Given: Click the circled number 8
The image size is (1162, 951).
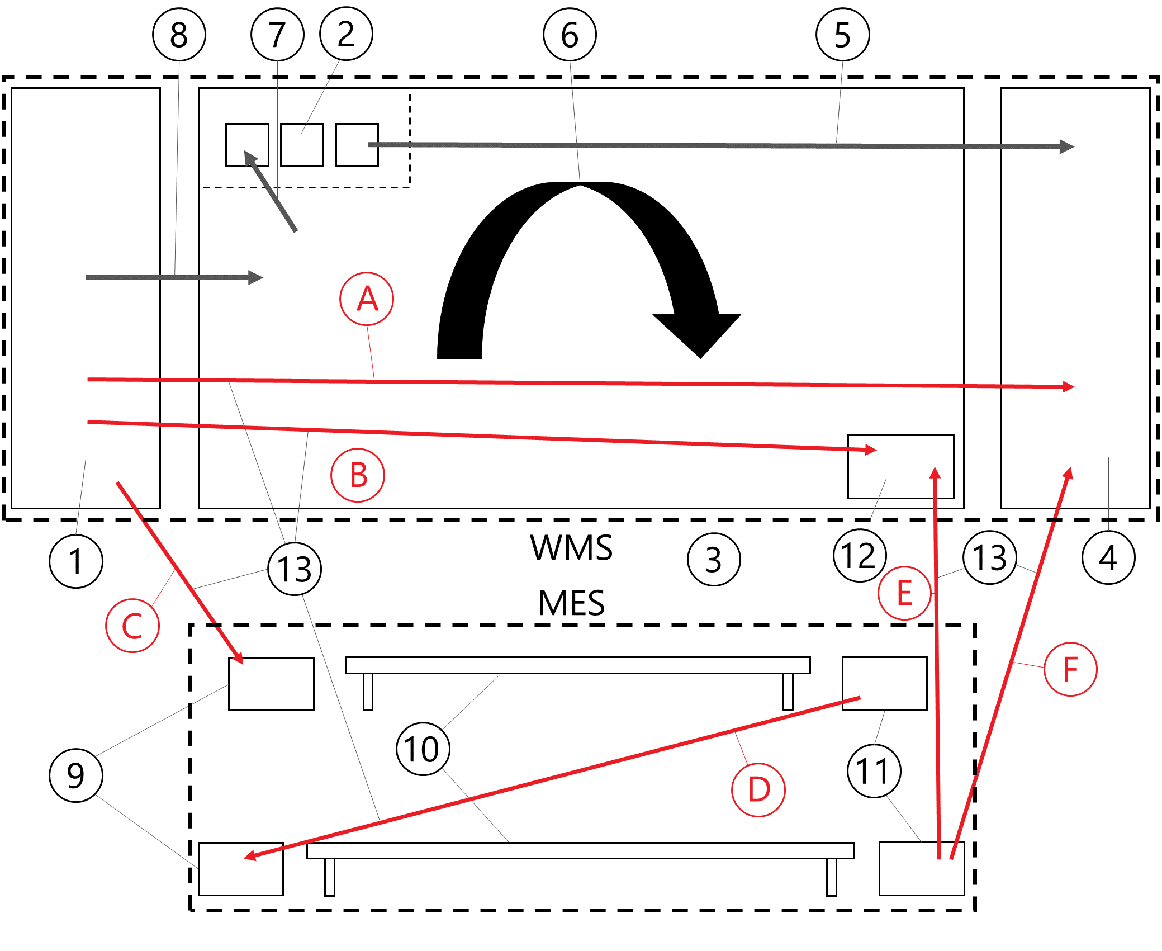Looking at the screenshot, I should (x=179, y=35).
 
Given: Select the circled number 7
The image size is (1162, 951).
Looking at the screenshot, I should (x=277, y=35).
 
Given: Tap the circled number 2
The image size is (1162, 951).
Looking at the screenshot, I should (x=346, y=34).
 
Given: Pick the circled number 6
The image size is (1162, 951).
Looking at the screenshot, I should (x=570, y=35).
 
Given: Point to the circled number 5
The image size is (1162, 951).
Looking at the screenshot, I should (x=842, y=35).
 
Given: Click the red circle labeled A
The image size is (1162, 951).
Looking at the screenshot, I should (x=367, y=299).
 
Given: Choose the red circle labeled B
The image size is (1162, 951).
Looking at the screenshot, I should (x=358, y=475).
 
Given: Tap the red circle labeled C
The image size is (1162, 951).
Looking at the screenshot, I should (x=132, y=626).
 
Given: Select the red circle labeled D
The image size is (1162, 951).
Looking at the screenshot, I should (x=758, y=789).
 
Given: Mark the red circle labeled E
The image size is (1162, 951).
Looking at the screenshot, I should (x=904, y=593).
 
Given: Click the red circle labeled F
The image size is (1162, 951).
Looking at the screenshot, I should (x=1070, y=669).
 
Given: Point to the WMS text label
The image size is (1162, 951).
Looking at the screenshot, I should (x=571, y=547).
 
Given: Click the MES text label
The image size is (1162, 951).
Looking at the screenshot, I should (x=571, y=603).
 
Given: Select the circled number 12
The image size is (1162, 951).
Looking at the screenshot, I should (x=859, y=556).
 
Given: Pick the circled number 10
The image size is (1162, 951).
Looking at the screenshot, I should (x=423, y=749).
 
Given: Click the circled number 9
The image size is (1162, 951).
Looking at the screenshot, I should (x=76, y=775).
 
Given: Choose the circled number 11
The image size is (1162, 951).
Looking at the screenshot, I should (x=874, y=772).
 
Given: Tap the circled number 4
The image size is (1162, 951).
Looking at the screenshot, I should (x=1108, y=558).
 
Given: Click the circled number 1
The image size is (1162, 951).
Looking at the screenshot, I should (x=76, y=561).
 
